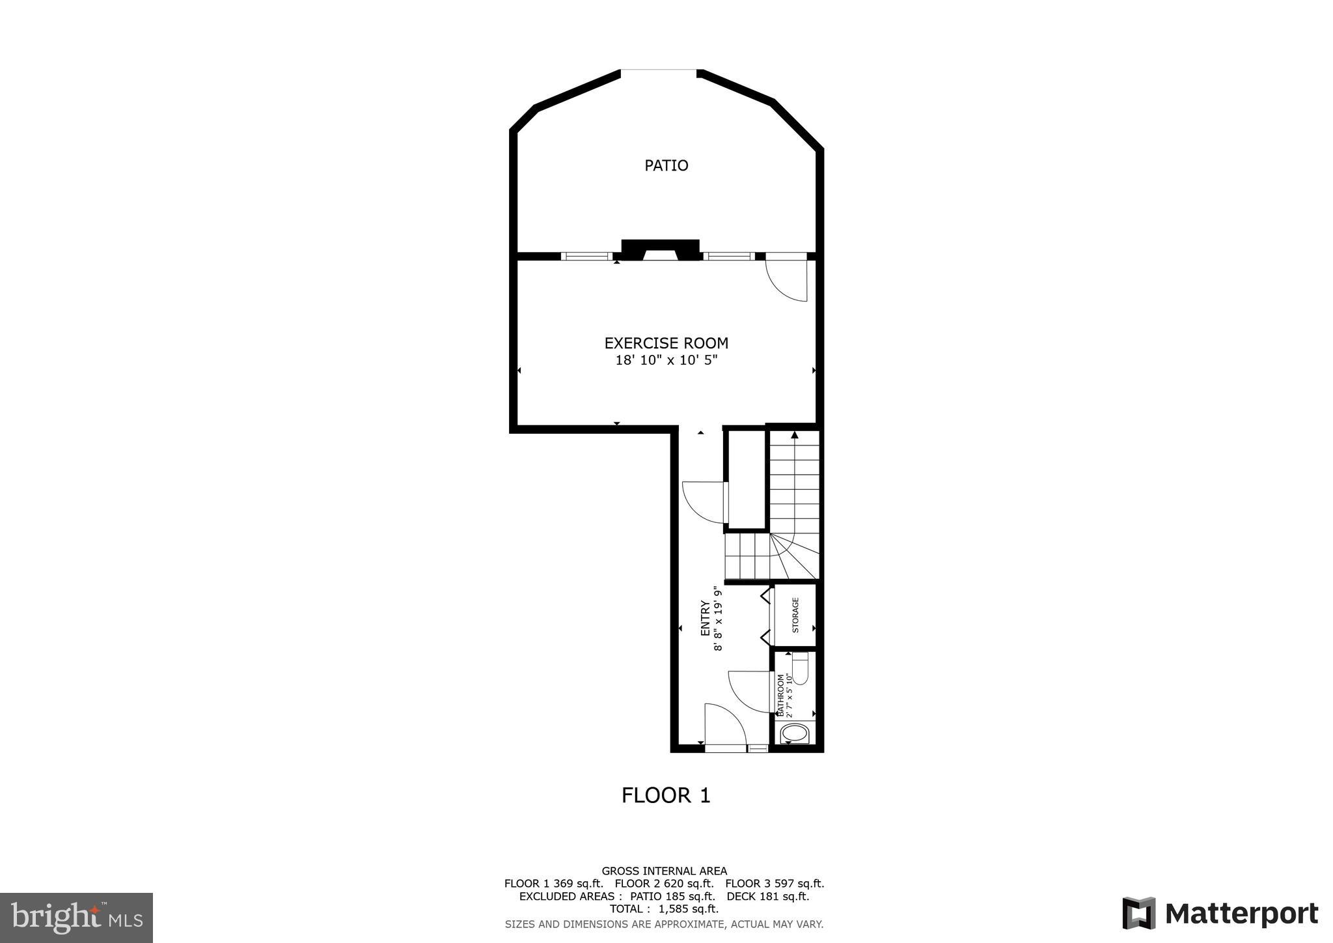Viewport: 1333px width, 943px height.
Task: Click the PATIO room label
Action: [x=666, y=165]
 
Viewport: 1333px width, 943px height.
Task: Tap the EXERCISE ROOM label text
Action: [x=666, y=343]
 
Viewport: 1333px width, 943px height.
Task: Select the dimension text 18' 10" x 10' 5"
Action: [x=666, y=360]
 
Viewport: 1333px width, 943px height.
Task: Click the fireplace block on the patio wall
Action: [x=660, y=249]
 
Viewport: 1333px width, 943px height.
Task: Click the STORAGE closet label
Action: [x=795, y=615]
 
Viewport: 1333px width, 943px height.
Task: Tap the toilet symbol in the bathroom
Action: [x=800, y=668]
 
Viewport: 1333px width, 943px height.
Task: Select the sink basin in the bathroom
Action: [x=794, y=734]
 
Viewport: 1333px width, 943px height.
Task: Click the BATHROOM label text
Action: [x=781, y=696]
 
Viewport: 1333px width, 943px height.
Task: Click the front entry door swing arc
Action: [x=726, y=724]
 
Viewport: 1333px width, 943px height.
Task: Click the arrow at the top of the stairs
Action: [x=794, y=434]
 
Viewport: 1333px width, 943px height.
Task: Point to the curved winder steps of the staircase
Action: [x=794, y=557]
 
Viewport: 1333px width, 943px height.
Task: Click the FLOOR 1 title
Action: [x=666, y=795]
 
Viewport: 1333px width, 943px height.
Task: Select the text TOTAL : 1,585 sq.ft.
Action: [x=664, y=909]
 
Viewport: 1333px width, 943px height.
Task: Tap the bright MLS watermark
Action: [x=77, y=918]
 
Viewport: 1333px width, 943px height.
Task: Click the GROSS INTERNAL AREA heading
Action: [x=664, y=871]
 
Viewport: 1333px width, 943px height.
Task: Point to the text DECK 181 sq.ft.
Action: [x=767, y=896]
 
